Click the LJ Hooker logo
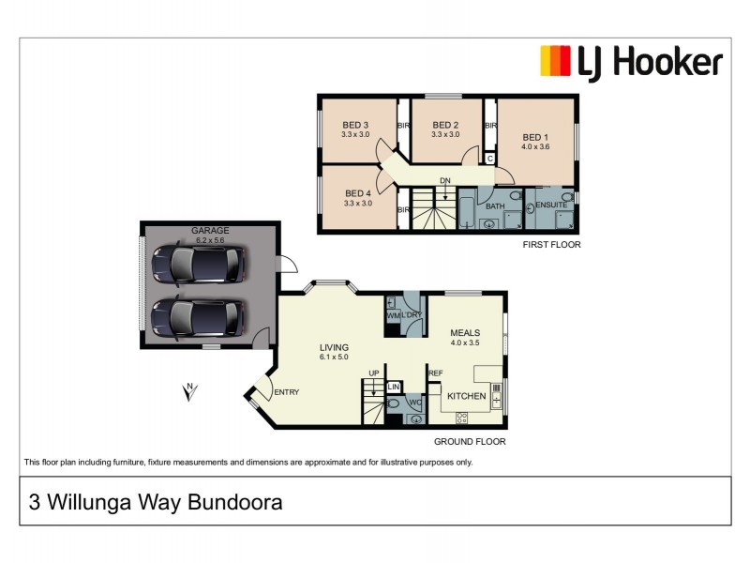point(631,62)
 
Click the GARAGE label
point(210,231)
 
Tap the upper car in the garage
point(199,264)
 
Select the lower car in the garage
point(199,317)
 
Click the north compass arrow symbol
point(190,392)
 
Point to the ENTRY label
point(285,392)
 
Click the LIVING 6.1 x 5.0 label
point(334,351)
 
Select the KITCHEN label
point(466,397)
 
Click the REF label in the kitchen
point(435,373)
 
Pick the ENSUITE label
point(551,205)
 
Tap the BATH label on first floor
point(495,205)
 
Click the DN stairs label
point(445,181)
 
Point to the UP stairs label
point(373,373)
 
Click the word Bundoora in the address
point(235,502)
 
